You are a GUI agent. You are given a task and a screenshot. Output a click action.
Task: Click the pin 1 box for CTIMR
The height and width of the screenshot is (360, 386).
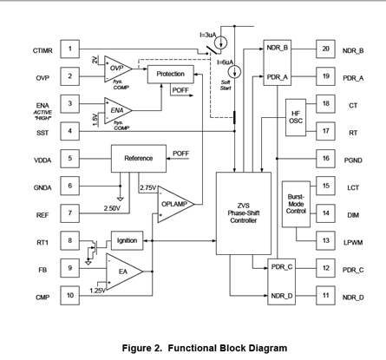[69, 49]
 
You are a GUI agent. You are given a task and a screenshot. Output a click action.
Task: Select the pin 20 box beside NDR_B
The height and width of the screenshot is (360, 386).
[325, 49]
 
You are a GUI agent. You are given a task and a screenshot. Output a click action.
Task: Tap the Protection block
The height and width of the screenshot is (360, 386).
[171, 75]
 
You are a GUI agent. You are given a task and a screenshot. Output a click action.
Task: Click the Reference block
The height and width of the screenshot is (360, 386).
[139, 159]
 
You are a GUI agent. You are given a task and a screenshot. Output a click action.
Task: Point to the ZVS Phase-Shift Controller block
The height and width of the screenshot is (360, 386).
[244, 213]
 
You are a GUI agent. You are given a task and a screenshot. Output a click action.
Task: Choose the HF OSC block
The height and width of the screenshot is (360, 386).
[296, 117]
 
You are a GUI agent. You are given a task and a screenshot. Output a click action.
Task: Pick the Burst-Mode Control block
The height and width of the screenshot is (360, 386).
[296, 204]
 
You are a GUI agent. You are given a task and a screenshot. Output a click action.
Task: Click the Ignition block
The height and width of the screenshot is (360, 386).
[127, 240]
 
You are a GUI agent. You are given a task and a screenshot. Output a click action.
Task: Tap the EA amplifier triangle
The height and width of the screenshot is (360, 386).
[124, 272]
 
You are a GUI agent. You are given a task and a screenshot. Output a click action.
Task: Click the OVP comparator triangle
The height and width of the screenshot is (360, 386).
[118, 69]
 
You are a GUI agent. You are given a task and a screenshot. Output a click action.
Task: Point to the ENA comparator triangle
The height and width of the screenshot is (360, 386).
[118, 110]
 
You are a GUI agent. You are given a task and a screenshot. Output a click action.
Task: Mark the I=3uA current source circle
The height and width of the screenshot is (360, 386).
[221, 43]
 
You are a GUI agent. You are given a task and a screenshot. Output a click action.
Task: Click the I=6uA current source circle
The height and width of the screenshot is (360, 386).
[234, 72]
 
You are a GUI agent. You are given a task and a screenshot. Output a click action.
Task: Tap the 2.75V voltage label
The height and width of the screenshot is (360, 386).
[148, 188]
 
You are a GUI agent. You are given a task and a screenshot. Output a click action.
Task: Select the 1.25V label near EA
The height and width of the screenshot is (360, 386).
[98, 291]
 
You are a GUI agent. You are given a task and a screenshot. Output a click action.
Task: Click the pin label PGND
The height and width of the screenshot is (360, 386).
[353, 160]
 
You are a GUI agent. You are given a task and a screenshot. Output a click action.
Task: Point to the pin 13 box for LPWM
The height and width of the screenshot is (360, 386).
[325, 240]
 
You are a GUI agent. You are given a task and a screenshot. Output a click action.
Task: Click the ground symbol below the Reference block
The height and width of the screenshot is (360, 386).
[121, 199]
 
